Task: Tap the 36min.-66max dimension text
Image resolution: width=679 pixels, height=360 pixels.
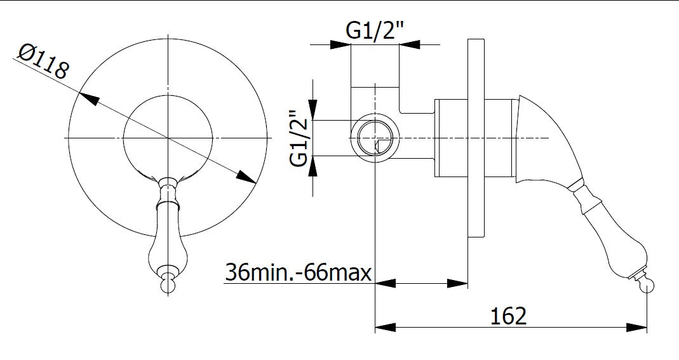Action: click(297, 272)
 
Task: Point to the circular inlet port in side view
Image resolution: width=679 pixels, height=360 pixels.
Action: click(375, 138)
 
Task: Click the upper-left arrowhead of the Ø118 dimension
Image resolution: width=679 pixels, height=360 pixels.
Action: click(89, 98)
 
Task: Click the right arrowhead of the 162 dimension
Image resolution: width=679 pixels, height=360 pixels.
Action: click(638, 328)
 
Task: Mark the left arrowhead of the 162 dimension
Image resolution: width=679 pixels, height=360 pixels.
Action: click(385, 328)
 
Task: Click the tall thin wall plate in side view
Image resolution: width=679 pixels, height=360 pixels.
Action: click(475, 138)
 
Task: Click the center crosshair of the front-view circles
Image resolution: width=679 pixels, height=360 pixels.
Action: click(168, 138)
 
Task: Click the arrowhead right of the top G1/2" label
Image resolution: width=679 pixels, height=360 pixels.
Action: click(410, 44)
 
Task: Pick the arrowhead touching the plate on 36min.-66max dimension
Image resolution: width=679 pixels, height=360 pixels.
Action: click(459, 283)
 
